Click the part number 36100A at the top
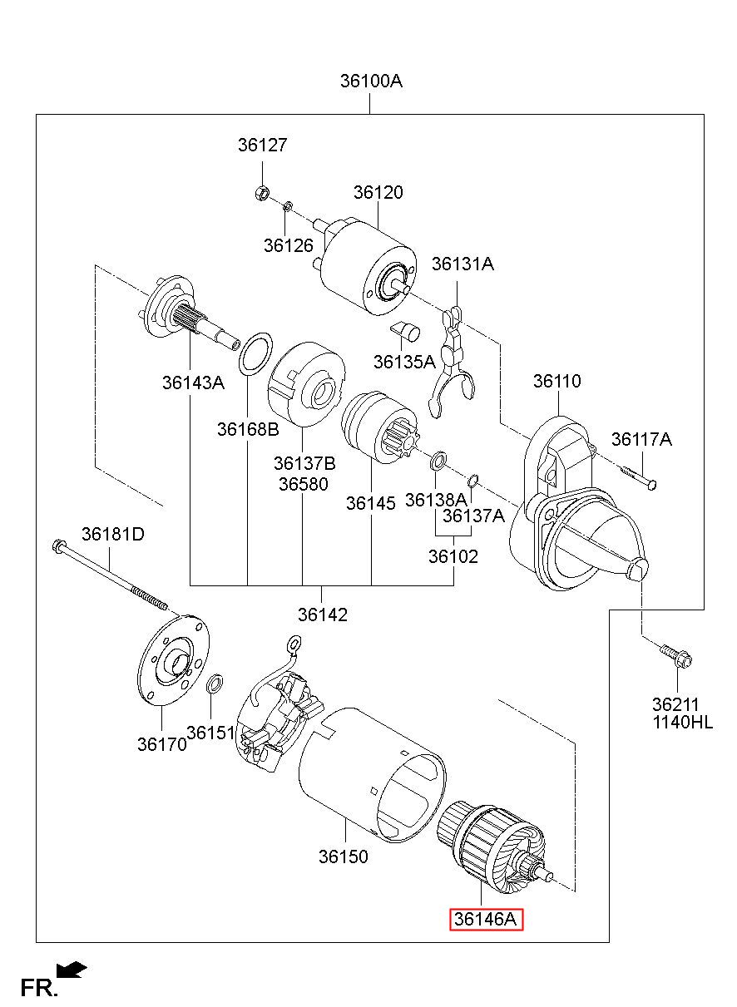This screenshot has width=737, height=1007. pyautogui.click(x=371, y=81)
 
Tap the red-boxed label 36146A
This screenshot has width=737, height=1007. pyautogui.click(x=486, y=919)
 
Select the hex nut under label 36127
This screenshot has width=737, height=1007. pyautogui.click(x=261, y=194)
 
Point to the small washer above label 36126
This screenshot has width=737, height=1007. pyautogui.click(x=287, y=206)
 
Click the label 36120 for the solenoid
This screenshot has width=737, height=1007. pyautogui.click(x=378, y=192)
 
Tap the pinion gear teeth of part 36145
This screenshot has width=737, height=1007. pyautogui.click(x=399, y=440)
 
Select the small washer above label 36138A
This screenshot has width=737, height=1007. pyautogui.click(x=438, y=462)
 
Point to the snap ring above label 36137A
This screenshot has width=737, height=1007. pyautogui.click(x=472, y=481)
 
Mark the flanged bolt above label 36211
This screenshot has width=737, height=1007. pyautogui.click(x=675, y=654)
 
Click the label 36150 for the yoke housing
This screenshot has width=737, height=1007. pyautogui.click(x=343, y=856)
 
